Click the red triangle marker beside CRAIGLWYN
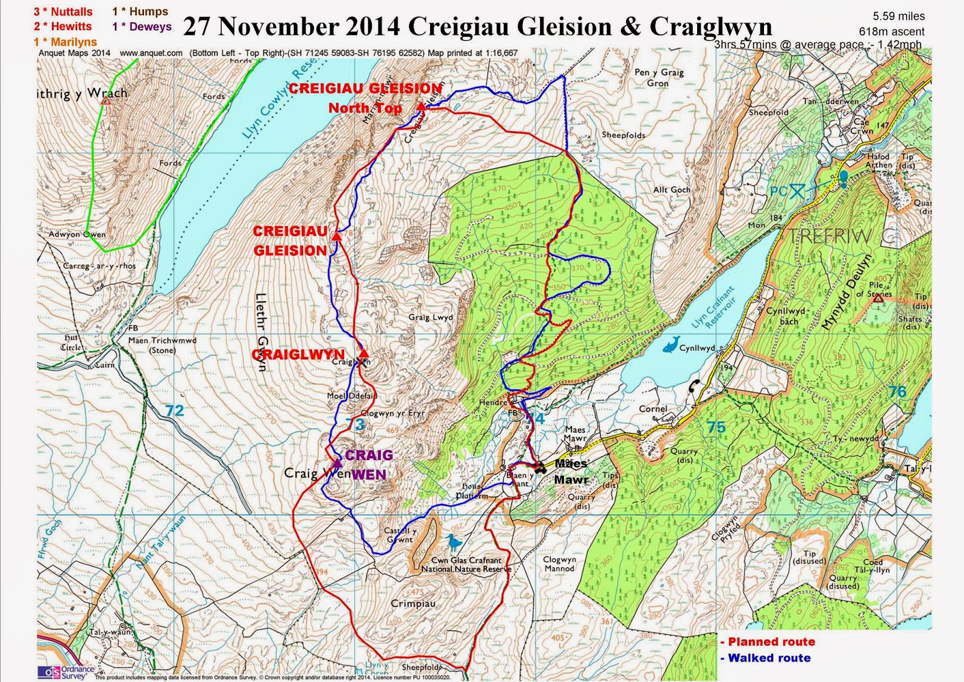pyautogui.click(x=363, y=353)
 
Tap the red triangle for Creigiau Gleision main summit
pyautogui.click(x=337, y=238)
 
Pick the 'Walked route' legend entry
pyautogui.click(x=769, y=658)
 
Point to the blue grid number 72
pyautogui.click(x=174, y=411)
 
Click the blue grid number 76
pyautogui.click(x=897, y=391)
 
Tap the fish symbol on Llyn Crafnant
pyautogui.click(x=670, y=345)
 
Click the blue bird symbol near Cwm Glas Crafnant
pyautogui.click(x=453, y=542)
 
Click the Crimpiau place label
pyautogui.click(x=413, y=603)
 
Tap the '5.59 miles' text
pyautogui.click(x=898, y=16)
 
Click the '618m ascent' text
pyautogui.click(x=891, y=31)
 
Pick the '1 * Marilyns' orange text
pyautogui.click(x=65, y=42)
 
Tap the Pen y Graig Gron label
pyautogui.click(x=659, y=77)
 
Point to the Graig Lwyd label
pyautogui.click(x=430, y=317)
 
